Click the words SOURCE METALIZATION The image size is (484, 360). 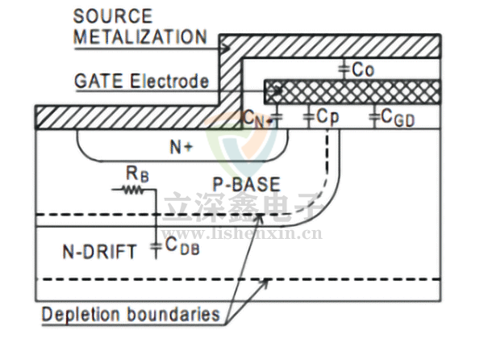tap(139, 27)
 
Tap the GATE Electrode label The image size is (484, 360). tap(141, 82)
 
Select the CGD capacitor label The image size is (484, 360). tap(398, 119)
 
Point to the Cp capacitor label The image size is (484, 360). tap(327, 118)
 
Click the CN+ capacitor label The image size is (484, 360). tap(257, 119)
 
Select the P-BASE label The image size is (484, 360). tap(246, 185)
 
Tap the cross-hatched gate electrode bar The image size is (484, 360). tap(355, 88)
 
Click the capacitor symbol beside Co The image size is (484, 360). tap(344, 69)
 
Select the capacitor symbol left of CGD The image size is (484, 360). tap(373, 118)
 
